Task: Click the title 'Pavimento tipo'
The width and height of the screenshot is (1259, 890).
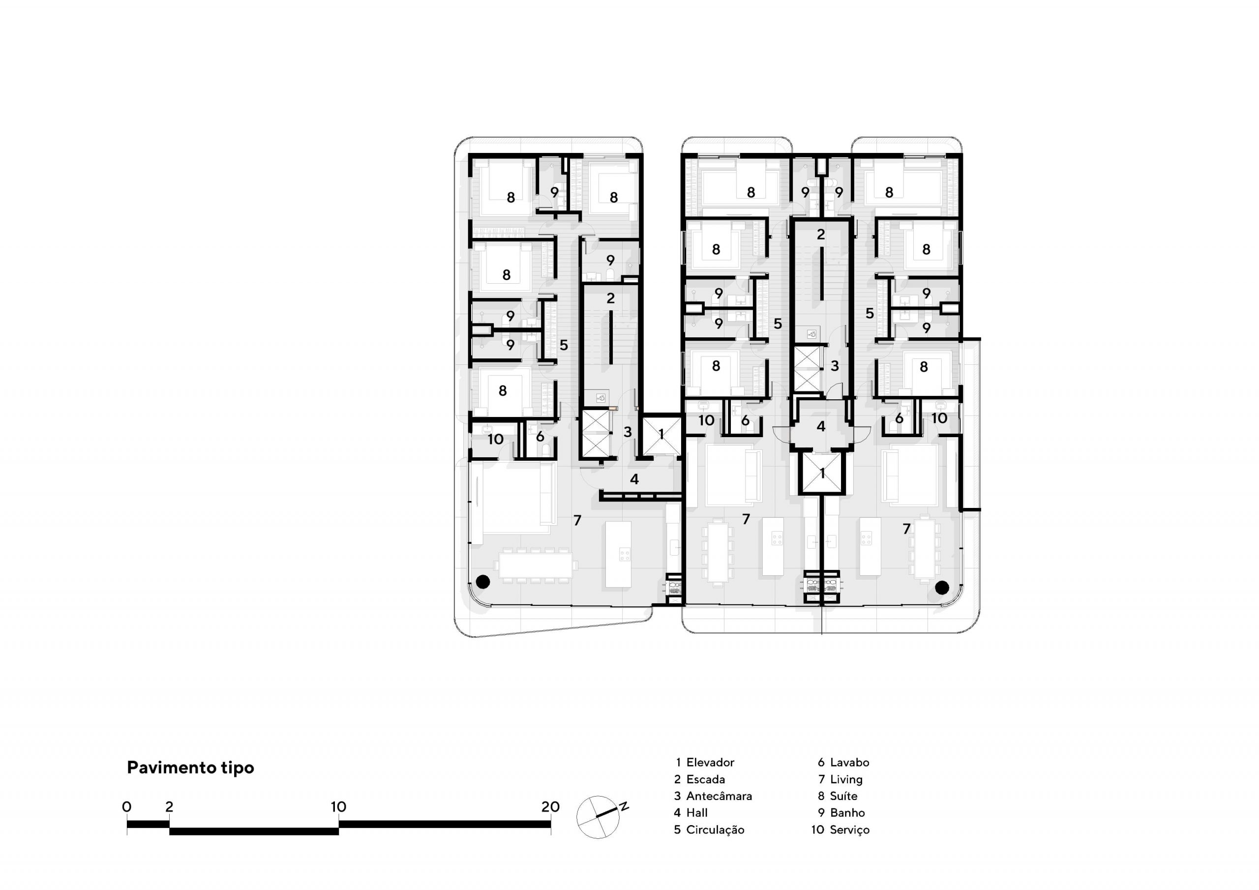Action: (x=190, y=768)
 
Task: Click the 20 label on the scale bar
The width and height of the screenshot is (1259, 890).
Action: (x=550, y=806)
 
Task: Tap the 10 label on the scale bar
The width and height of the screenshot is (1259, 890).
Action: (x=338, y=806)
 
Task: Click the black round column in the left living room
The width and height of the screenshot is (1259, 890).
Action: (x=482, y=582)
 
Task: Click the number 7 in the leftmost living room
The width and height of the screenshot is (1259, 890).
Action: (x=577, y=520)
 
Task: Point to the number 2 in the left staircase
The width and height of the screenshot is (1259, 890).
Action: (x=610, y=298)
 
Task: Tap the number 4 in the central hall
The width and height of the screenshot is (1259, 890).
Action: (x=820, y=426)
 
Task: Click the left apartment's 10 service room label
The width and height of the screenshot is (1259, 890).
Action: (x=496, y=439)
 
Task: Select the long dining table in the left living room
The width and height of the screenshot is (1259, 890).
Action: (x=535, y=565)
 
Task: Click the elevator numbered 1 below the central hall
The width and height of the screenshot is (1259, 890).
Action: (x=821, y=473)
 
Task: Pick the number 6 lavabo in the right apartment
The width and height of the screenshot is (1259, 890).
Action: (x=899, y=418)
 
